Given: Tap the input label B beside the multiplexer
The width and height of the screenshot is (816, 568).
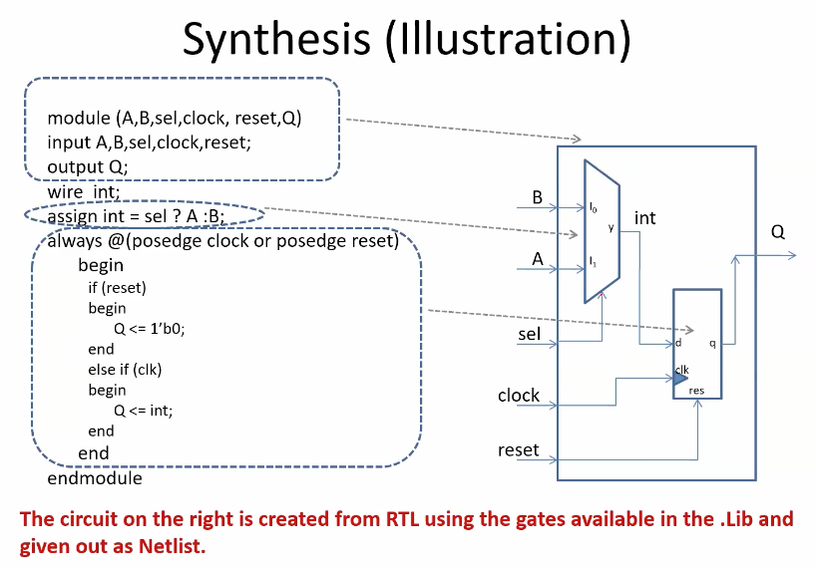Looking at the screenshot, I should pos(537,197).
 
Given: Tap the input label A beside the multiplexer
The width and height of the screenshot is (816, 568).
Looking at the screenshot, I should pos(537,259).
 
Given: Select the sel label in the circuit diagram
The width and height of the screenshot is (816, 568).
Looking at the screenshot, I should pos(529,334).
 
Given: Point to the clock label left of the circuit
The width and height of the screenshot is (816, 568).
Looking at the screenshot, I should pos(519,396).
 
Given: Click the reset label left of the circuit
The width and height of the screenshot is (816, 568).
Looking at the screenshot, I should pos(518,450).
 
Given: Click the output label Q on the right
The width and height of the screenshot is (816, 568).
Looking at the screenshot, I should pos(777,232).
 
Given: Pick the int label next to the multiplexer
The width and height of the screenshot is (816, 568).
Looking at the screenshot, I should pos(644,217).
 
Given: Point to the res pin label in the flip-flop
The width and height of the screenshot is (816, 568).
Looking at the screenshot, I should pos(696,391).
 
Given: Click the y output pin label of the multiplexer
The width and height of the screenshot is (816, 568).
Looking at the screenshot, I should pos(612,227).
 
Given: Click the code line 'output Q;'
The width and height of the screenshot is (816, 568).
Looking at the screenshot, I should pos(88,165).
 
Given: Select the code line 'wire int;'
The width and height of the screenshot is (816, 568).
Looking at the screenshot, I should pos(84,191).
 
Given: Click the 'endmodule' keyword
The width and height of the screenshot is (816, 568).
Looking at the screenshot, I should pos(95,478).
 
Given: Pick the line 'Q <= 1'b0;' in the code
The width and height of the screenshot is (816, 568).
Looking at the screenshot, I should pos(150,328).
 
